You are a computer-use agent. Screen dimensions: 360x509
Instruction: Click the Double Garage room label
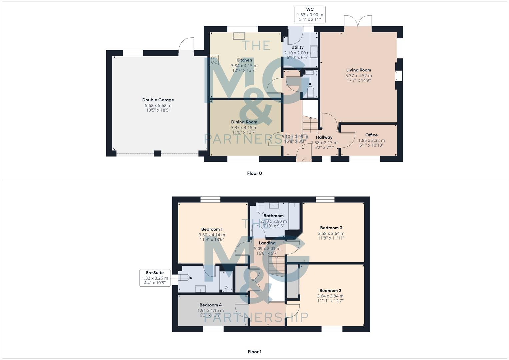pos(158,100)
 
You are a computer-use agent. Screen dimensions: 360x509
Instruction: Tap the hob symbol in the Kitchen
pos(214,60)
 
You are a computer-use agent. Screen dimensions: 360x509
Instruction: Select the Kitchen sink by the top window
pos(239,36)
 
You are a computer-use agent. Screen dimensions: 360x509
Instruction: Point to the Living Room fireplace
pos(398,76)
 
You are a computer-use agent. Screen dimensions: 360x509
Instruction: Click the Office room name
pos(371,135)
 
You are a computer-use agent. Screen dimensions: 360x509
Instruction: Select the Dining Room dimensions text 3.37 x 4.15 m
pos(244,127)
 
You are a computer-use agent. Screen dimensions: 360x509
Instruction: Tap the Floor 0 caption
pos(254,173)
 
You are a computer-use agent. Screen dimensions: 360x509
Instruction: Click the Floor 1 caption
pos(254,352)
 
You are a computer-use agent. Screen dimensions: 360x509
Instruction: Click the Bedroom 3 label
pos(331,228)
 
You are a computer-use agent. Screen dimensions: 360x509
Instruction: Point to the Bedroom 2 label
pos(330,290)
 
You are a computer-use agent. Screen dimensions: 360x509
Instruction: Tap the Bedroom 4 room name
pos(210,305)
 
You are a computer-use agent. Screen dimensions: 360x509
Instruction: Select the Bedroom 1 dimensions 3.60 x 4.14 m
pos(212,235)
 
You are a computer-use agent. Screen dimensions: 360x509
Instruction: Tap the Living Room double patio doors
pos(358,23)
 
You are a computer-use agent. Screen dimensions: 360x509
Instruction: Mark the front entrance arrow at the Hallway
pos(304,161)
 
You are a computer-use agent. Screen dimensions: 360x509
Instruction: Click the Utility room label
pos(297,47)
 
